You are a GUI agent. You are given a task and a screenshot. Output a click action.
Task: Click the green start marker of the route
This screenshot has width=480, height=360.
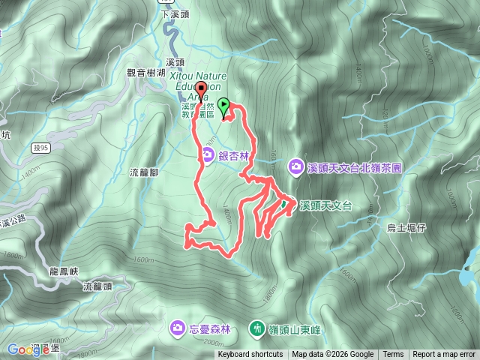(x=224, y=106)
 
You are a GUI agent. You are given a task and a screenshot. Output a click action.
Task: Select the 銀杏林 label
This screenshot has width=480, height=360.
(x=233, y=155)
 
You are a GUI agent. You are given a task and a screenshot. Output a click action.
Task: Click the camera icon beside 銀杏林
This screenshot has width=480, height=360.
(x=207, y=155)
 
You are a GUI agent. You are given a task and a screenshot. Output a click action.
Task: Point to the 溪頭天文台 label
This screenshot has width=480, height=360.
(x=325, y=205)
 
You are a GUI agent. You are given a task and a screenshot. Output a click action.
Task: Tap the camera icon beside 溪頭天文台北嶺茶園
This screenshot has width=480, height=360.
(x=297, y=166)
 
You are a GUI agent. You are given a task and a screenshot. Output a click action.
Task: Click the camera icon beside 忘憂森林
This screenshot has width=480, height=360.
(x=178, y=328)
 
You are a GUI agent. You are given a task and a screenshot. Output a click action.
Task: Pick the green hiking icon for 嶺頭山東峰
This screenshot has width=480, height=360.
(x=257, y=328)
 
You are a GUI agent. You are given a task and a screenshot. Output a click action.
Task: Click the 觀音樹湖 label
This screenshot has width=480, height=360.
(x=145, y=73)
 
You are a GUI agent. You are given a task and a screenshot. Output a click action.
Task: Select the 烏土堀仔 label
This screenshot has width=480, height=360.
(x=406, y=226)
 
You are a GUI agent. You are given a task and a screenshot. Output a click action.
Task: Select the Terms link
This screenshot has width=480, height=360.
(x=393, y=355)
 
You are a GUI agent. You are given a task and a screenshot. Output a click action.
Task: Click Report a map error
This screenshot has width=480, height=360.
(x=445, y=355)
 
